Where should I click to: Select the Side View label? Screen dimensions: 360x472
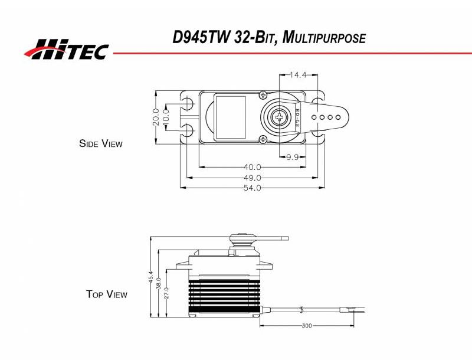click(101, 143)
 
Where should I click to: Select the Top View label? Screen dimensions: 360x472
click(106, 294)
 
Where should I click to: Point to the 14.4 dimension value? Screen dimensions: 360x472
click(299, 76)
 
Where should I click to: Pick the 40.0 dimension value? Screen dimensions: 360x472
click(252, 168)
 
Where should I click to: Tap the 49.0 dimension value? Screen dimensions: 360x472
click(252, 178)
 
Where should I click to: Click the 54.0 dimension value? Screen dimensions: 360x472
click(252, 188)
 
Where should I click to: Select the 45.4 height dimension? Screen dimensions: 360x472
click(151, 277)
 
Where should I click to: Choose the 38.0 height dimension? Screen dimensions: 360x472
click(159, 283)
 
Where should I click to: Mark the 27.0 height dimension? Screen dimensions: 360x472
click(166, 292)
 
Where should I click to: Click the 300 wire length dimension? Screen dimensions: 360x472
click(306, 326)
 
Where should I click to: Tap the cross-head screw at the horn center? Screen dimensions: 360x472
click(278, 116)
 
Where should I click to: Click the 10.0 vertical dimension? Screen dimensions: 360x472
click(166, 116)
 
